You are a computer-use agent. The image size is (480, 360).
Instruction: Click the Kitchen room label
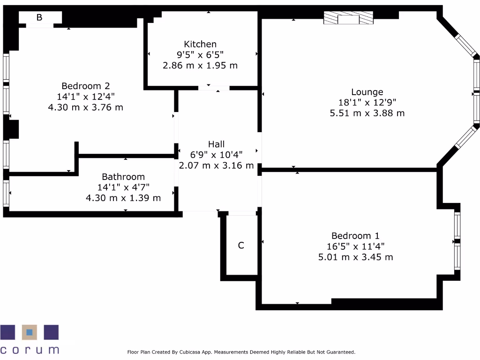(x=200, y=44)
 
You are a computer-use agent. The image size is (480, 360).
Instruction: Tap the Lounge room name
(x=367, y=92)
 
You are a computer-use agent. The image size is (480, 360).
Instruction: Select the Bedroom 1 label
(x=355, y=236)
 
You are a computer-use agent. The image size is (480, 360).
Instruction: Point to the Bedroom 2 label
(x=85, y=86)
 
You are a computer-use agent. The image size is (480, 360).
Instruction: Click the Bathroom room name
(x=123, y=177)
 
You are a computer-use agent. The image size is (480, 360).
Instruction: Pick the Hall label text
(x=217, y=144)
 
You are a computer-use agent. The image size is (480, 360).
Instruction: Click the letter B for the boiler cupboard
(x=39, y=17)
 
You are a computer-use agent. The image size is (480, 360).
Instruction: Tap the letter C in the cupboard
(x=241, y=245)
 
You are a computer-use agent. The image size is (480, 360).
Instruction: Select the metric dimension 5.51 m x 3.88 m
(x=367, y=113)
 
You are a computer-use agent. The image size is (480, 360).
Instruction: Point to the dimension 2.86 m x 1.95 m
(x=200, y=66)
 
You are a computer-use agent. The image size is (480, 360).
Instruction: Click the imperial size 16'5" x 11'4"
(x=355, y=247)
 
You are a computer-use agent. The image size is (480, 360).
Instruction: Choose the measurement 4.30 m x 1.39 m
(x=123, y=198)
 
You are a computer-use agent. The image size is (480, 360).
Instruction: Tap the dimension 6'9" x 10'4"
(x=217, y=155)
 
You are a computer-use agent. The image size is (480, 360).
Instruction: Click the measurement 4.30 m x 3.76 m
(x=85, y=107)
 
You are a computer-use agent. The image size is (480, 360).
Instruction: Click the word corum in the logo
(x=30, y=350)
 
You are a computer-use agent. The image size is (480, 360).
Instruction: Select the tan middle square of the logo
(x=30, y=332)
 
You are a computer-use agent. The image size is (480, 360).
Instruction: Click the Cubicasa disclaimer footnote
(x=241, y=352)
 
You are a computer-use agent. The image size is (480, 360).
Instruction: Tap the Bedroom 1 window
(x=457, y=241)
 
